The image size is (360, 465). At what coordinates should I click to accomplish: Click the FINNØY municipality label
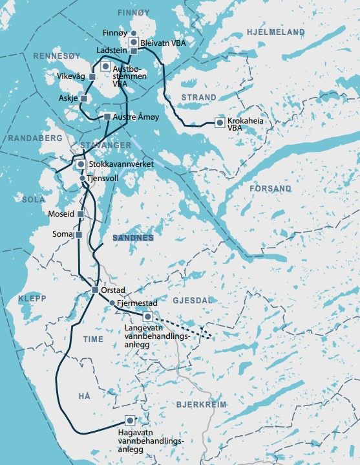coord(133,12)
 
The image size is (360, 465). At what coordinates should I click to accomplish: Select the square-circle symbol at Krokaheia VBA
coord(220,122)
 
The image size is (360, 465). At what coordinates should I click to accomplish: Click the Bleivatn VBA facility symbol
coord(134,42)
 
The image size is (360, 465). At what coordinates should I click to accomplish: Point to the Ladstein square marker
coord(134,50)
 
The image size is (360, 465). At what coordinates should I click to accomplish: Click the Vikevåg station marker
coord(92,77)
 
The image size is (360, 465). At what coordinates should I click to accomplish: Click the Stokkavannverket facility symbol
coord(81,164)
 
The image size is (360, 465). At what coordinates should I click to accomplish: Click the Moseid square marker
coord(81,213)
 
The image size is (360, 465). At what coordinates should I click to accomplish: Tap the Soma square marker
coord(78,235)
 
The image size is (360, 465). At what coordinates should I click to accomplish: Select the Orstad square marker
coord(95,290)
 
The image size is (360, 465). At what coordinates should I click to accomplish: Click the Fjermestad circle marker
coord(112,303)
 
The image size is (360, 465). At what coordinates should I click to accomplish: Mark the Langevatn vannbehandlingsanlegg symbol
coord(147,316)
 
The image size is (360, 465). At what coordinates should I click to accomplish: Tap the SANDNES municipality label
coord(133,238)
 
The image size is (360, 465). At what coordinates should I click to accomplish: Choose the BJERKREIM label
coord(201,404)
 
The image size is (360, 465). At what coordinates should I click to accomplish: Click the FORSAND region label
coord(270,189)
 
